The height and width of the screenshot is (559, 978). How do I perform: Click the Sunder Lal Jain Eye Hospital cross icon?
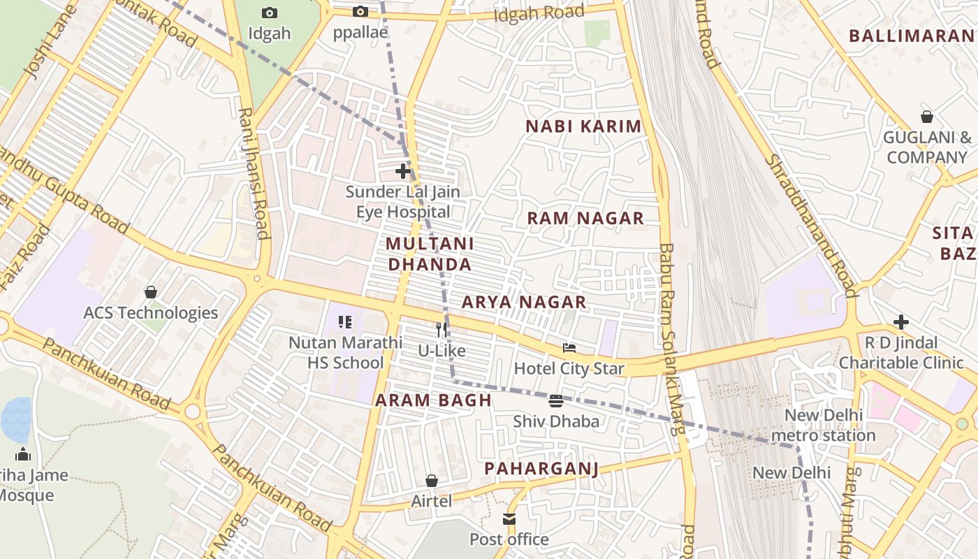(403, 170)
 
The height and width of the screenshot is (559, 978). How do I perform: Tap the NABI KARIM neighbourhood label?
(583, 126)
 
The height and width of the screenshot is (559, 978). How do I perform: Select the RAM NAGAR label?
(585, 218)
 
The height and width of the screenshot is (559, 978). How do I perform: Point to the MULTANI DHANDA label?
(430, 254)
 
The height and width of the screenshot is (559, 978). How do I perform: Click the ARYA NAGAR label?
(524, 302)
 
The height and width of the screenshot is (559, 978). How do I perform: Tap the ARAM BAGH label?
(433, 400)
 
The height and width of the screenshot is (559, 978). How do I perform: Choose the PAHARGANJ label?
(541, 468)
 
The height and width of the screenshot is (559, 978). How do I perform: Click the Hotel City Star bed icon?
(569, 348)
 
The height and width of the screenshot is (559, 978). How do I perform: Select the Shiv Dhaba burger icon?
(556, 401)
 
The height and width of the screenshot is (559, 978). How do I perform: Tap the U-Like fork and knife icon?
(441, 329)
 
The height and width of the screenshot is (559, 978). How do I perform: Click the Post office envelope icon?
(509, 519)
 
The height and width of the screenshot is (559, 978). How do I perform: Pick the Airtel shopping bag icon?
(432, 481)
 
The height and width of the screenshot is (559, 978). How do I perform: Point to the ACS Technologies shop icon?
(150, 292)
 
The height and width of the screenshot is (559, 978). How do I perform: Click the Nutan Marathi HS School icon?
(345, 322)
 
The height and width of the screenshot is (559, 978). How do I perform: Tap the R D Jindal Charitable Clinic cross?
(901, 322)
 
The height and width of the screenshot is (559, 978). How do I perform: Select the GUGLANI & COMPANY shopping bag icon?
(926, 117)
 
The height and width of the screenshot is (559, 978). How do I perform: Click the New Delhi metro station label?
(823, 425)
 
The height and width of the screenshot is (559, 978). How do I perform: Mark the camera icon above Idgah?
(269, 13)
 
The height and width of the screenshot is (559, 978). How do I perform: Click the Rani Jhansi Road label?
(254, 173)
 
